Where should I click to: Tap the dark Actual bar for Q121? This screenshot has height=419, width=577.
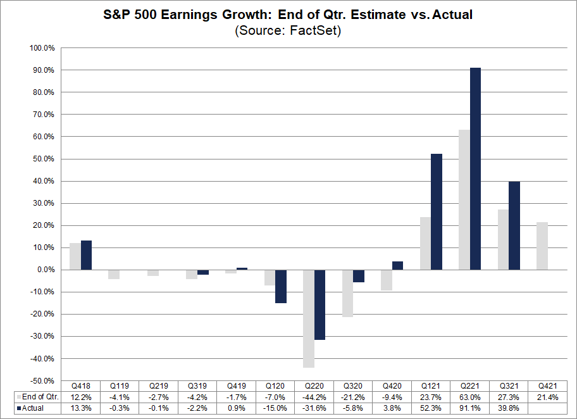click(437, 211)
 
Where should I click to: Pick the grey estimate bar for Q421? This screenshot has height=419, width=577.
click(542, 246)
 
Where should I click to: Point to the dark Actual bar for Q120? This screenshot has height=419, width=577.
click(281, 286)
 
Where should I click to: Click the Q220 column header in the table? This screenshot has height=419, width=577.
click(314, 385)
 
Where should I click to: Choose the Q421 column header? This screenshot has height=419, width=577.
click(547, 385)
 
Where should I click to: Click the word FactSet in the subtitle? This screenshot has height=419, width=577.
click(314, 30)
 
